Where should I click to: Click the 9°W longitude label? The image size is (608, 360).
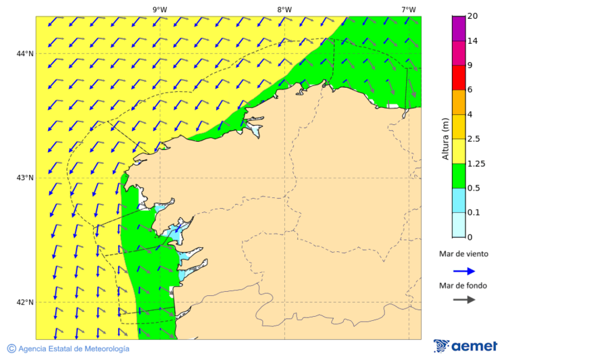click(159, 9)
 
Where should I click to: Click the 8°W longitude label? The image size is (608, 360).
click(284, 9)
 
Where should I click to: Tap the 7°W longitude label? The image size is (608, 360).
click(408, 9)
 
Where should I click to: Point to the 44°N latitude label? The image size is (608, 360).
click(26, 53)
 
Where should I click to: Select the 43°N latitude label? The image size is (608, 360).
click(26, 178)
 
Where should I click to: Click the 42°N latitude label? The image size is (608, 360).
click(26, 302)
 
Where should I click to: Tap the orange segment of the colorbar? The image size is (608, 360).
click(459, 102)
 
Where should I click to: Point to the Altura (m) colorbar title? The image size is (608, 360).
click(446, 138)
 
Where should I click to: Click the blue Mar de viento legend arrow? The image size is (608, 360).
click(464, 271)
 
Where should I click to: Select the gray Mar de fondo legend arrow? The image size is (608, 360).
click(464, 299)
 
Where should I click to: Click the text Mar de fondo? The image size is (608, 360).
click(463, 285)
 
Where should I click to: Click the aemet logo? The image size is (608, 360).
click(465, 346)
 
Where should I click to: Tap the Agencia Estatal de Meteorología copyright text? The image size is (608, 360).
click(68, 349)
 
